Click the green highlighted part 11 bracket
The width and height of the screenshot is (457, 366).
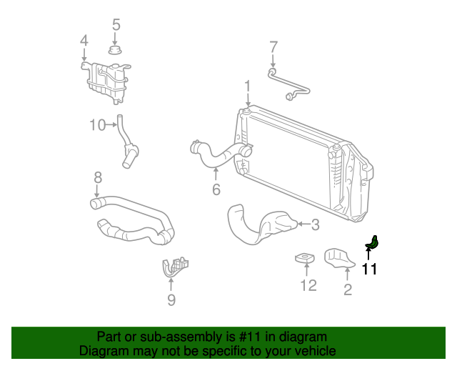tap(373, 244)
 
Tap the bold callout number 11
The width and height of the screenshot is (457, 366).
tap(368, 269)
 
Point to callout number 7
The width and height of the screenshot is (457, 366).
tap(273, 48)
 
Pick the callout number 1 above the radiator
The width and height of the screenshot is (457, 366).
tap(247, 87)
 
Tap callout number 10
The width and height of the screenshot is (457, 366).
tap(97, 126)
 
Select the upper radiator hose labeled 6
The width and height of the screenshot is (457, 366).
tap(218, 154)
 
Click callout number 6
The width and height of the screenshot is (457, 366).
tap(216, 189)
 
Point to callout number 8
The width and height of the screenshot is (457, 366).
tap(98, 177)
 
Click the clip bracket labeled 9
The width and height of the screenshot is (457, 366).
tap(173, 266)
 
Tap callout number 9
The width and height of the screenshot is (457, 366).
tap(171, 300)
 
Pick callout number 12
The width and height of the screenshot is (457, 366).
tap(308, 287)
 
